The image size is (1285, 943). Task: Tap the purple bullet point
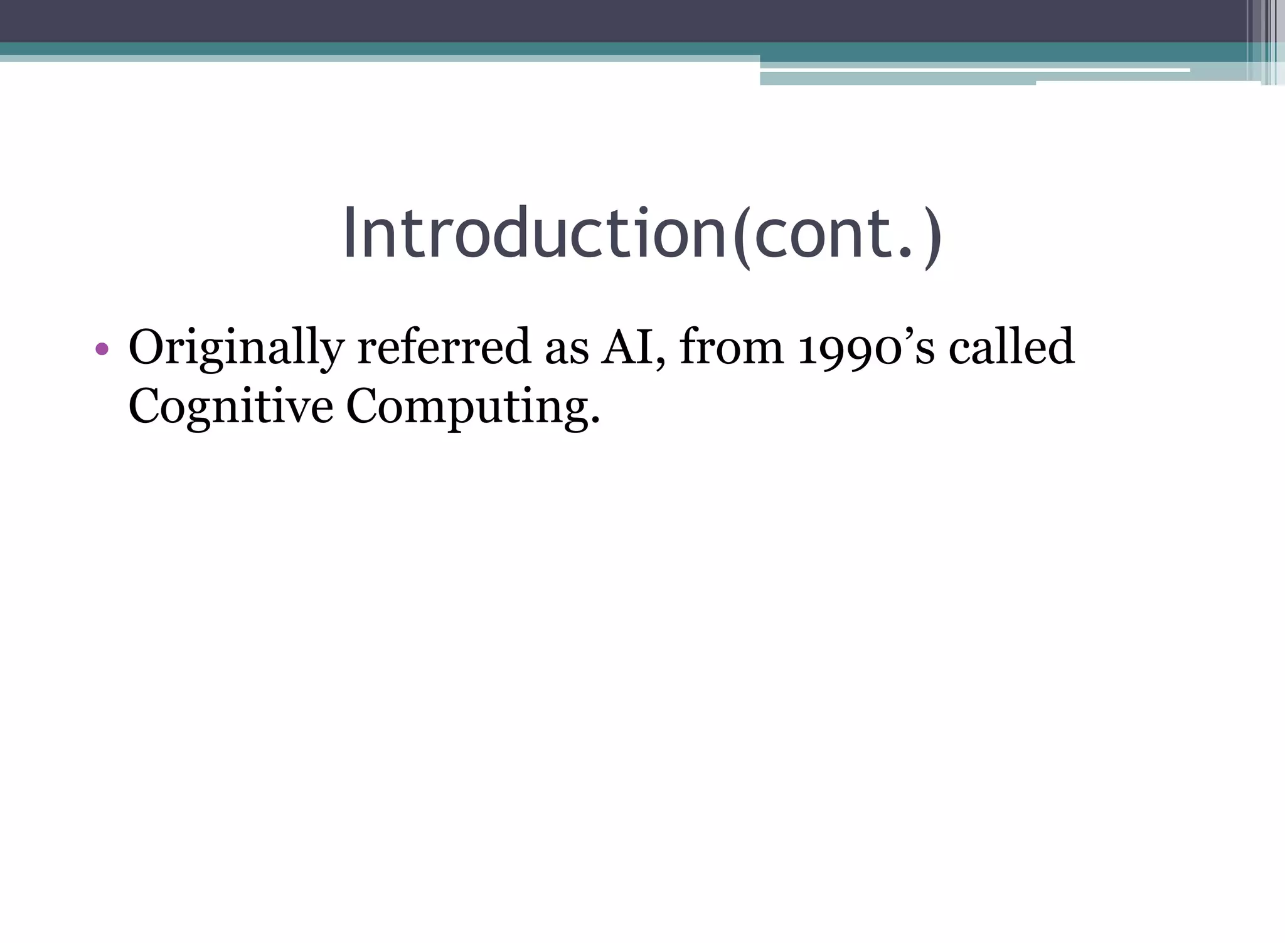click(102, 349)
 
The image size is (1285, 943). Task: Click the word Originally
click(236, 348)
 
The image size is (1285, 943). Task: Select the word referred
click(444, 347)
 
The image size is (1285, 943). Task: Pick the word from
click(731, 347)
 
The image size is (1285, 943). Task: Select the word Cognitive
click(230, 407)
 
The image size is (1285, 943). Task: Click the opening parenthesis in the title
click(741, 238)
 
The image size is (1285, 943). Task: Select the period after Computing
click(595, 422)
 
